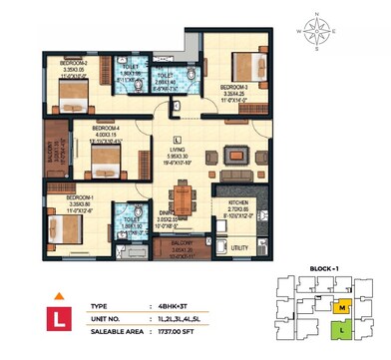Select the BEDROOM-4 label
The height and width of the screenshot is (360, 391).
[107, 128]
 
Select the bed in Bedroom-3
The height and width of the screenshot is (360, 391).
[245, 64]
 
